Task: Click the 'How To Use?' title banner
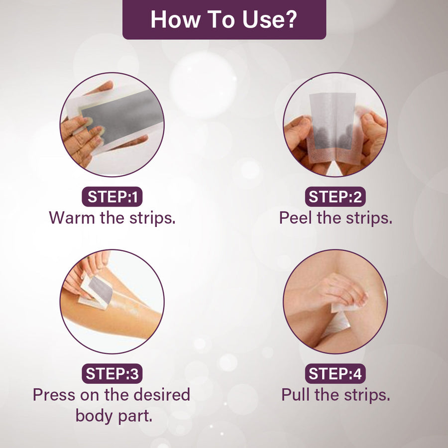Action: (224, 19)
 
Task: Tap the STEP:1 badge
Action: (112, 197)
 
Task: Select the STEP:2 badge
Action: (335, 197)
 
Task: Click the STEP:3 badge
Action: (112, 373)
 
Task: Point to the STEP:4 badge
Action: (335, 373)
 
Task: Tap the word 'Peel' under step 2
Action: (295, 218)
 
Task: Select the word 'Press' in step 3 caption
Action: (54, 395)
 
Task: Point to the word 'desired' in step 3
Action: (162, 395)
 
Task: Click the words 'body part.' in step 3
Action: (113, 416)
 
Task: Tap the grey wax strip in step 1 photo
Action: (121, 117)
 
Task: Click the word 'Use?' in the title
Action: (270, 19)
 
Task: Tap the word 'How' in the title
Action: (175, 19)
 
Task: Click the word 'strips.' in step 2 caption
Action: (369, 219)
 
